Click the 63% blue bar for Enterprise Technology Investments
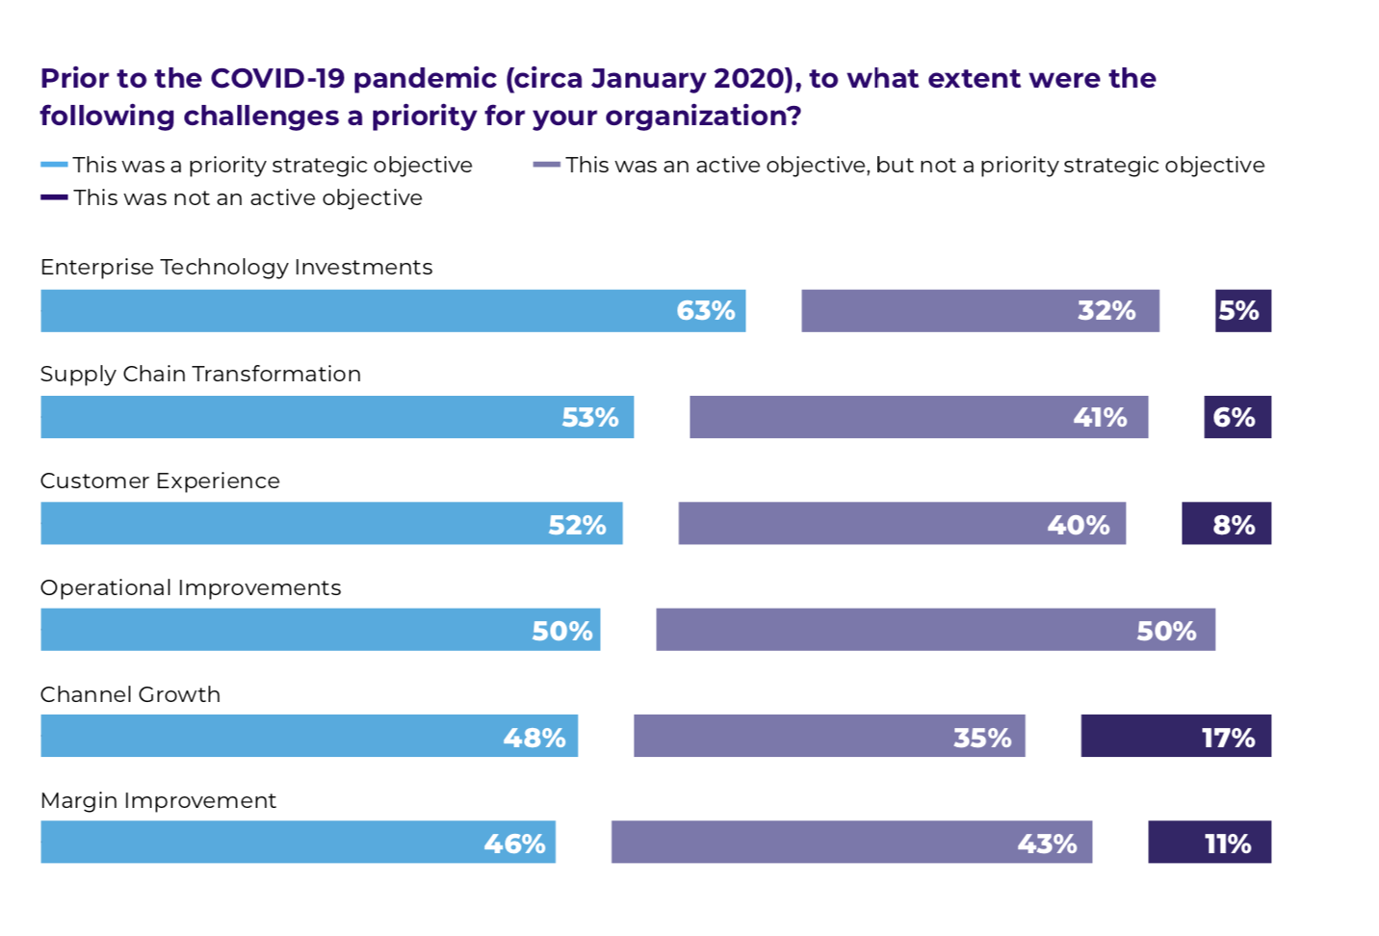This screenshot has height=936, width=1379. click(x=394, y=311)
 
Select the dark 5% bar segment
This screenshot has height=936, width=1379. click(x=1243, y=311)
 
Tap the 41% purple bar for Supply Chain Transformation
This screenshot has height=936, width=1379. click(x=919, y=417)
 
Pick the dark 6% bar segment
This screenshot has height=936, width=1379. click(x=1237, y=417)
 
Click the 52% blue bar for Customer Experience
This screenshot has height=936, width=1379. click(x=332, y=524)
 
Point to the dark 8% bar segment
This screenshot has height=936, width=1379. click(x=1226, y=524)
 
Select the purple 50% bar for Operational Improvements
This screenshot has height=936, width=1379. click(x=936, y=630)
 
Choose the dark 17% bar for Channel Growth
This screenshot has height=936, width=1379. click(x=1176, y=736)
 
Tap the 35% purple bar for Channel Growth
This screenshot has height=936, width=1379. click(x=829, y=736)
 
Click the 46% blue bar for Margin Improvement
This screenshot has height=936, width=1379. click(x=298, y=842)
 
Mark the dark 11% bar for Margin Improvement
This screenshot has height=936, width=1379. click(x=1210, y=842)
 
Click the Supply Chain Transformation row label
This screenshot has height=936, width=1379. click(x=200, y=375)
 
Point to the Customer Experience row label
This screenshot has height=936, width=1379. click(x=160, y=481)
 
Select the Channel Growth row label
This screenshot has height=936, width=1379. click(x=131, y=694)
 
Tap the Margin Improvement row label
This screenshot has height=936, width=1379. click(x=158, y=801)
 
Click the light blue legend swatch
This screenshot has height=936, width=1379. click(x=54, y=165)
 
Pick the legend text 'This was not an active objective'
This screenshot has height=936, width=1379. click(x=248, y=198)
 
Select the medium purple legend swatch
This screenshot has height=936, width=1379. click(x=547, y=165)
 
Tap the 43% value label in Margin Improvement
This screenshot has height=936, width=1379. click(x=1047, y=844)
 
